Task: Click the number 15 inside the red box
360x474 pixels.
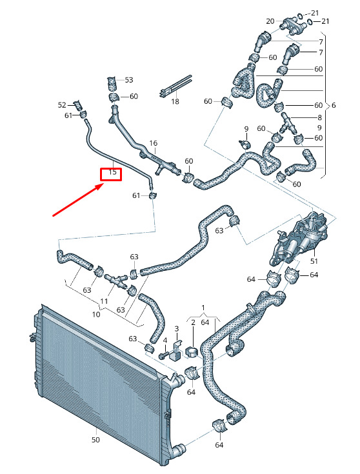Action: [x=112, y=172]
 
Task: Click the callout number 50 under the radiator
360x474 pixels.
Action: [x=95, y=440]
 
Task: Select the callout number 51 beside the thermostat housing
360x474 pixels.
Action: [x=314, y=261]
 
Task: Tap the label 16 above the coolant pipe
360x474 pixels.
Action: [x=154, y=143]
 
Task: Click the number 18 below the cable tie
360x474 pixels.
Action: [x=175, y=102]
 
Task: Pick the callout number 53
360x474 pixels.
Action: [x=129, y=80]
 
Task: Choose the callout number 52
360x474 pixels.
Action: [x=62, y=105]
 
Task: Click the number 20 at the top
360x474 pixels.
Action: [x=270, y=21]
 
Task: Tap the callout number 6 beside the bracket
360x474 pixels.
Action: [x=334, y=105]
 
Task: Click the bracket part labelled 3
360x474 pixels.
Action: [x=175, y=351]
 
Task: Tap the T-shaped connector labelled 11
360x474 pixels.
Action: [x=115, y=280]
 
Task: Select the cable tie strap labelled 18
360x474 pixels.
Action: [x=175, y=86]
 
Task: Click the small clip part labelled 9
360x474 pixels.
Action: [x=245, y=144]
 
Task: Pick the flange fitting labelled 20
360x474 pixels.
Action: [x=292, y=26]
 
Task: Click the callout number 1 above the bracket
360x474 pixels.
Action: [x=203, y=308]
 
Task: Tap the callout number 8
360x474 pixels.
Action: [x=320, y=117]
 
